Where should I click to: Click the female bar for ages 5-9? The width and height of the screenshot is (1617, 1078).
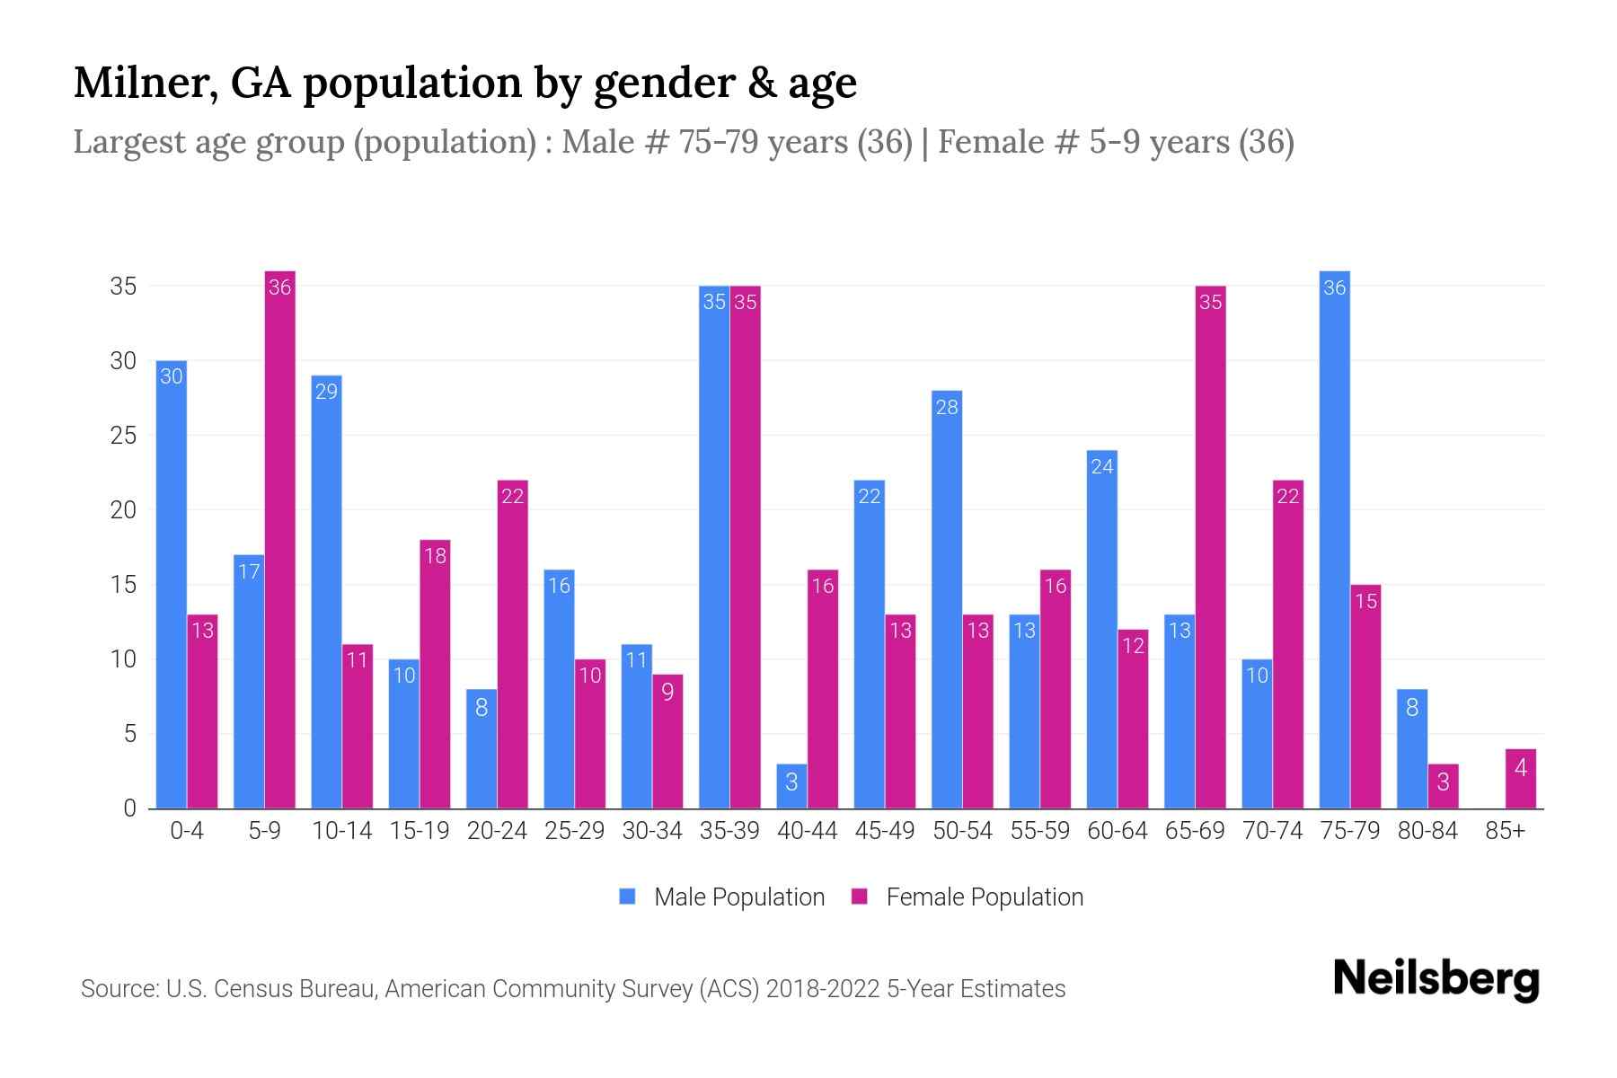pyautogui.click(x=280, y=539)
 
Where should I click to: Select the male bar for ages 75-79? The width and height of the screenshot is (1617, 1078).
pyautogui.click(x=1334, y=539)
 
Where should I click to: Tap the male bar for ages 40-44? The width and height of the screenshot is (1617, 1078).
pyautogui.click(x=791, y=787)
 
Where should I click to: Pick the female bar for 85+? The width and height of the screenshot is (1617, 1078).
pyautogui.click(x=1521, y=779)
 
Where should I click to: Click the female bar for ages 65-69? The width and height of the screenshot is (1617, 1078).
pyautogui.click(x=1210, y=548)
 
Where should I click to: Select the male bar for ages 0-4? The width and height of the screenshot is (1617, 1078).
pyautogui.click(x=172, y=584)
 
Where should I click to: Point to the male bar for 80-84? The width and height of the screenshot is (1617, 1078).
pyautogui.click(x=1412, y=749)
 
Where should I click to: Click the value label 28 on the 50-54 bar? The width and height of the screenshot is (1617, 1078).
pyautogui.click(x=947, y=407)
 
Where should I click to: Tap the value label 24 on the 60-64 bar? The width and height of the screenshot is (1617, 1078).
pyautogui.click(x=1102, y=466)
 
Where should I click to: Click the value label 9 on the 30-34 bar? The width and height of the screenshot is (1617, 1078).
pyautogui.click(x=667, y=693)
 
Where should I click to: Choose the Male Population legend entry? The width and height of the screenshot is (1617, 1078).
pyautogui.click(x=723, y=897)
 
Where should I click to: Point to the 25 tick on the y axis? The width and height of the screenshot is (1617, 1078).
pyautogui.click(x=123, y=436)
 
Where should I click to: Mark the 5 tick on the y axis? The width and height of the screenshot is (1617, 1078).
pyautogui.click(x=129, y=734)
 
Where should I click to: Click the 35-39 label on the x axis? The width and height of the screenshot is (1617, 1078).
pyautogui.click(x=729, y=831)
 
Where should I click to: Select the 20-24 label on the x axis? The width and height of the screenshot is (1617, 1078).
pyautogui.click(x=497, y=831)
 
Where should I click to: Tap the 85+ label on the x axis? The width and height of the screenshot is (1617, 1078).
pyautogui.click(x=1505, y=831)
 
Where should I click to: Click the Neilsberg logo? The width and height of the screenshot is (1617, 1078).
pyautogui.click(x=1436, y=979)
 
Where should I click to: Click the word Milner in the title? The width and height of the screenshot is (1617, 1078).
pyautogui.click(x=145, y=83)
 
